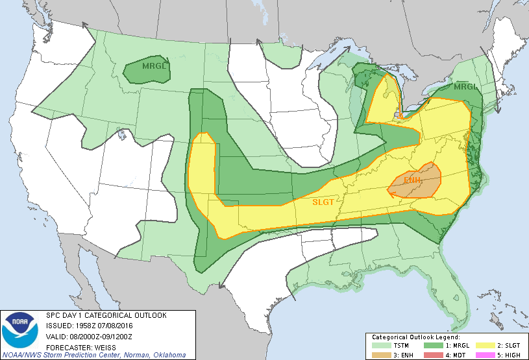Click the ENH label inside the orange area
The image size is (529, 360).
coord(413,179)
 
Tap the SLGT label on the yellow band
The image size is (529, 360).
coord(323,202)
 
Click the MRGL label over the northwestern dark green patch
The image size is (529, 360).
coord(147,66)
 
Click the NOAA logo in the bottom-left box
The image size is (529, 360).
coord(20,331)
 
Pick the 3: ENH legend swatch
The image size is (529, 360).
coord(380,355)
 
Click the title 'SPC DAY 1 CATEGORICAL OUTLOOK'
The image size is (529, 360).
coord(106,315)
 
